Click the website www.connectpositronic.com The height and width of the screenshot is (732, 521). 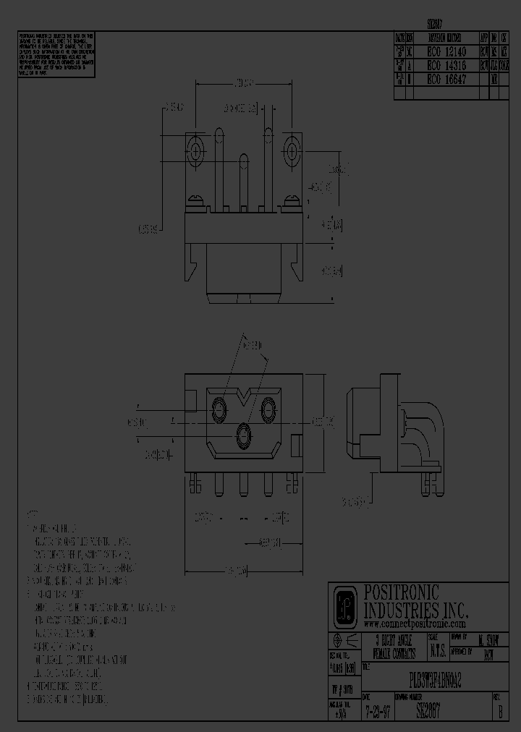(x=415, y=624)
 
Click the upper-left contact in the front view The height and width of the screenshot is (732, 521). (x=218, y=409)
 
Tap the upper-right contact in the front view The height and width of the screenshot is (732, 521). (x=267, y=409)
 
